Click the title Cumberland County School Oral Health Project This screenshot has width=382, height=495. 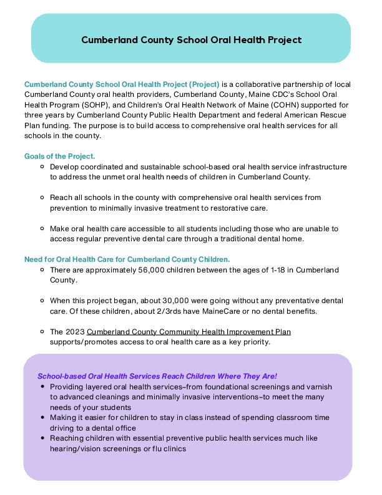point(191,40)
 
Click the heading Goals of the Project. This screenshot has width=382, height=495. point(59,156)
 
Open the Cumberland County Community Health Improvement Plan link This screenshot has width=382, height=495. point(189,331)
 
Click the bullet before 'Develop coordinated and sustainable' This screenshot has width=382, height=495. point(42,167)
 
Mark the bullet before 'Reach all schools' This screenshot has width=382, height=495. point(42,197)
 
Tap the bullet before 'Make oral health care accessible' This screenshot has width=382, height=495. point(42,228)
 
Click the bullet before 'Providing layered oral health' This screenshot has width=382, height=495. point(42,387)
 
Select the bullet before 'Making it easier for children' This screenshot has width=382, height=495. point(42,417)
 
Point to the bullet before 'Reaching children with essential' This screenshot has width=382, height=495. point(42,438)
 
